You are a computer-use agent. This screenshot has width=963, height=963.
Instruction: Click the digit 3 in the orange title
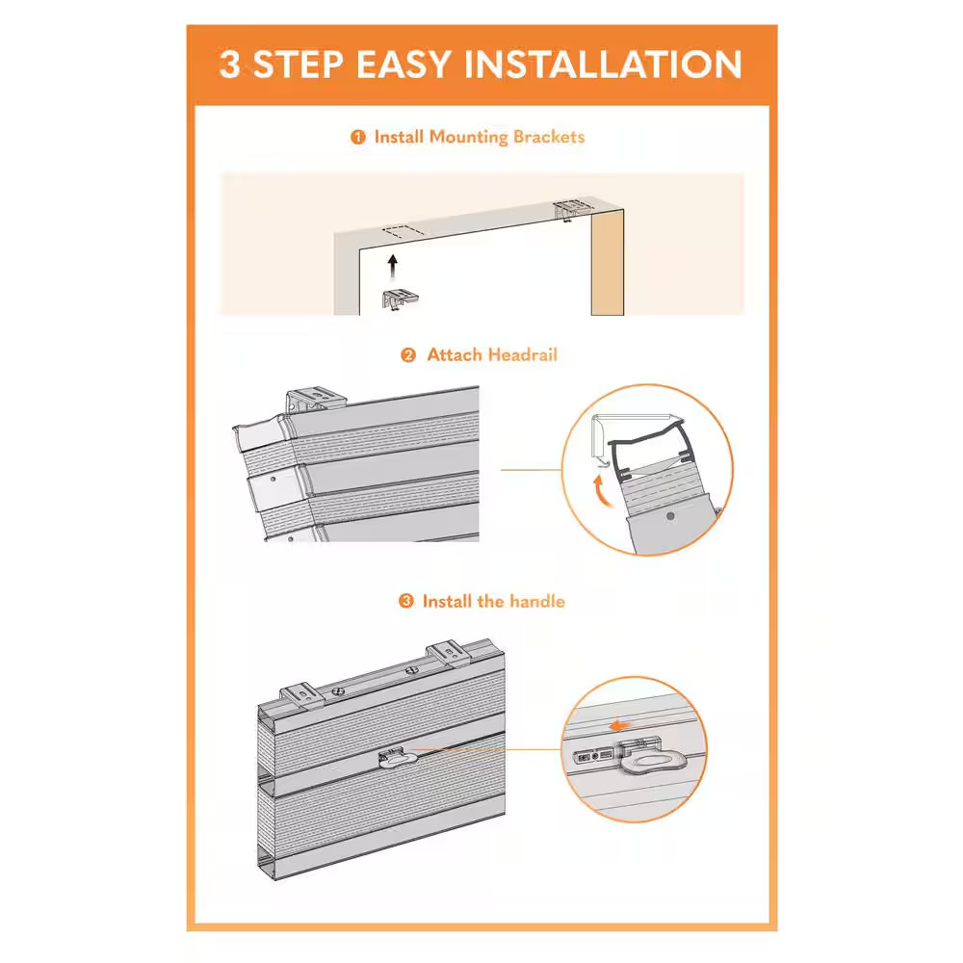[x=230, y=65]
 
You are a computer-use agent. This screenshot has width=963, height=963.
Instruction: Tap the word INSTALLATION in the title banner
[x=603, y=65]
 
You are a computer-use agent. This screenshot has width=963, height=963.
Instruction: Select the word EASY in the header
[x=403, y=65]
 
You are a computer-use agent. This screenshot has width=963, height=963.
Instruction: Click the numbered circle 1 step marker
[x=358, y=137]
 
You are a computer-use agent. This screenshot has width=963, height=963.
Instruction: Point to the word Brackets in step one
[x=549, y=137]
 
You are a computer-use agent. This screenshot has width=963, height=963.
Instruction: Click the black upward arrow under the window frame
[x=393, y=267]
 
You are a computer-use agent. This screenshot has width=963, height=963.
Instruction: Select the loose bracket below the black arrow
[x=400, y=299]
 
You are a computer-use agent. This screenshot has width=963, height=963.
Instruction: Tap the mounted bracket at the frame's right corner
[x=572, y=209]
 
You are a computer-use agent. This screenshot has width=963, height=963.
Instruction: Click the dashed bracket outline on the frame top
[x=403, y=231]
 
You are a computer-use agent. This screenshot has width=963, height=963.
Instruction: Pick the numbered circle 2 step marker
[x=408, y=355]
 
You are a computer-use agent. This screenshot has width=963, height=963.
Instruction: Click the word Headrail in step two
[x=523, y=355]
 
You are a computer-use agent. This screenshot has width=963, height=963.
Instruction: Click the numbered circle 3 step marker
[x=406, y=601]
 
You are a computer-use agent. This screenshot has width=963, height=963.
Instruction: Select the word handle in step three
[x=536, y=601]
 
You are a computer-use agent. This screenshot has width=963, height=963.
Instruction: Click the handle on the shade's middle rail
[x=398, y=759]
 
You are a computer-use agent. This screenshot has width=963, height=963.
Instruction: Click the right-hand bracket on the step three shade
[x=450, y=654]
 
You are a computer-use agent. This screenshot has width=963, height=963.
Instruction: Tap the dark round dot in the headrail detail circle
[x=670, y=516]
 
